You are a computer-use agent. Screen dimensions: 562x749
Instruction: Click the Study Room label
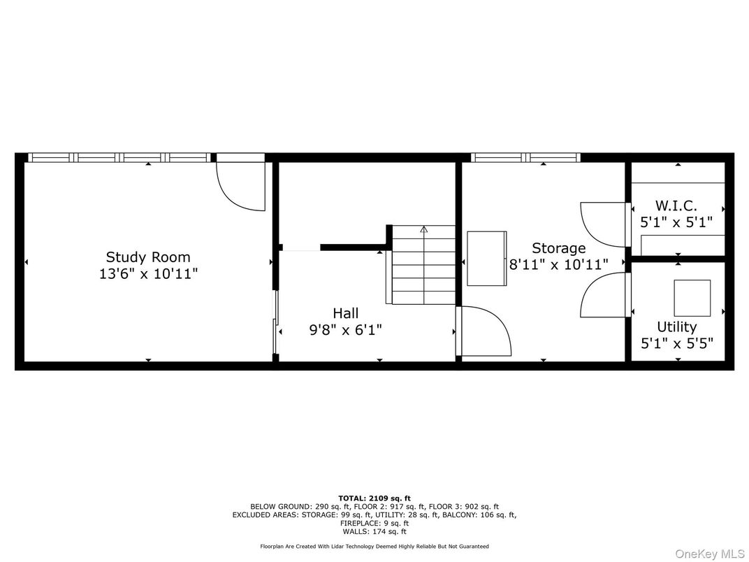(148, 257)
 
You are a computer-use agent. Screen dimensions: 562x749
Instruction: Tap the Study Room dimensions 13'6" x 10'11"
(148, 274)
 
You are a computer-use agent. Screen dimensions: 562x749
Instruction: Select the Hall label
(345, 313)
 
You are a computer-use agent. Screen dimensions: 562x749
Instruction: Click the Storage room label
(558, 248)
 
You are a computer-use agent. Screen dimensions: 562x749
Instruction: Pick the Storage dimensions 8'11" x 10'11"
(558, 264)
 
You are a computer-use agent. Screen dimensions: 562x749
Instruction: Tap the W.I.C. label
(676, 206)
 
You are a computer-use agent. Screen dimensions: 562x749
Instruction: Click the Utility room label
(676, 327)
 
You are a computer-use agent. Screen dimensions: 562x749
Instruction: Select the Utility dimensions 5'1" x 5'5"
(676, 344)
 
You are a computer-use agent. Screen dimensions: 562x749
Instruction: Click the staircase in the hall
(423, 266)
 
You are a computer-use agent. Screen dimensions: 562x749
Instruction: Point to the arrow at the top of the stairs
(423, 229)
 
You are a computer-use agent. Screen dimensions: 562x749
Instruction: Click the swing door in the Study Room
(241, 185)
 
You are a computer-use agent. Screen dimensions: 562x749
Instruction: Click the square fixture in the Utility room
(692, 298)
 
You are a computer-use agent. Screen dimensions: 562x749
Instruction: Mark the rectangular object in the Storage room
(486, 259)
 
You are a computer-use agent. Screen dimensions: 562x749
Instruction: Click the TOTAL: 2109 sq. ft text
(374, 498)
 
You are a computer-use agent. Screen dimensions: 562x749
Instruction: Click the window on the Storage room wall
(525, 157)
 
